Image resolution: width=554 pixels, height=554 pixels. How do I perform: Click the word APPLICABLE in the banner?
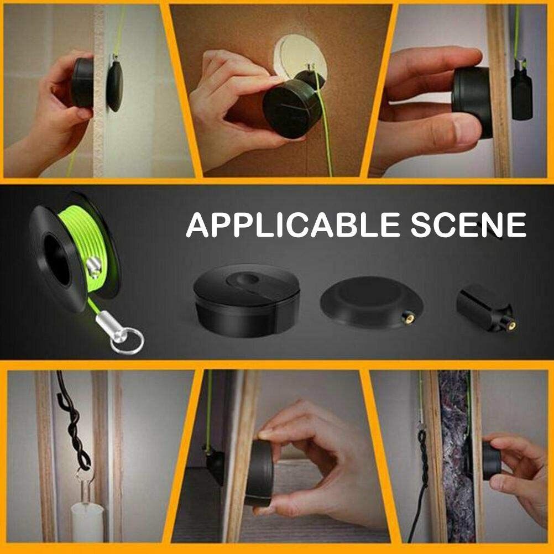coord(292,224)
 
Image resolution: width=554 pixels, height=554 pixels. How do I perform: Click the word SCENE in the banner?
coord(469,224)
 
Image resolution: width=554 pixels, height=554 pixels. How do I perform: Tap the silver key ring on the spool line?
coord(127,341)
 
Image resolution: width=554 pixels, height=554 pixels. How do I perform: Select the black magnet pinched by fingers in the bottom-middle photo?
coord(260,473)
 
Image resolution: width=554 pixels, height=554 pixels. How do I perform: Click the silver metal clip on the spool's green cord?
coord(94,265)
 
